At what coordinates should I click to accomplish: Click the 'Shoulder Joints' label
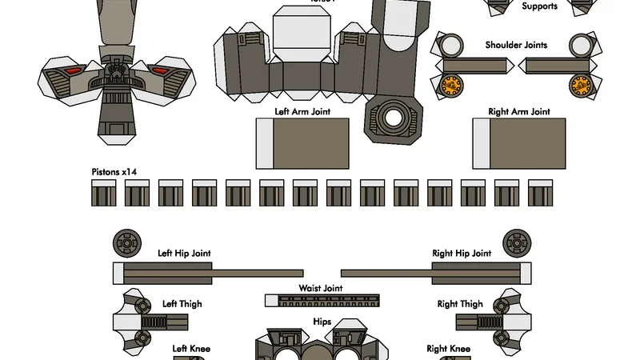[516, 45]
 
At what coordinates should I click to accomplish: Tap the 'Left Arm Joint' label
[303, 112]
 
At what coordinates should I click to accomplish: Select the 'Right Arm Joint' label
[519, 112]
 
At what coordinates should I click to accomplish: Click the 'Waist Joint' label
[321, 288]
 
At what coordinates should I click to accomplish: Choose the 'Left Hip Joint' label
[185, 254]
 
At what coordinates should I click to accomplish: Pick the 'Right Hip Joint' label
[462, 254]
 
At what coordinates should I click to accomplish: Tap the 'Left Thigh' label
[182, 304]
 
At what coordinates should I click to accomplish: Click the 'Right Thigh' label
[460, 304]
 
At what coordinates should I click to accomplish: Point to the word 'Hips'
[322, 322]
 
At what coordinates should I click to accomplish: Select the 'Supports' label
[540, 6]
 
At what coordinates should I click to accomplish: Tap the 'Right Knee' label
[448, 349]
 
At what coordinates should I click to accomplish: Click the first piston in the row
[104, 193]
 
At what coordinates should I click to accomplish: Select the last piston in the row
[541, 193]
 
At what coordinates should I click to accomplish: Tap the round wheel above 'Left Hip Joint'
[127, 242]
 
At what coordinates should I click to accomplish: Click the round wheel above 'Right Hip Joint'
[516, 242]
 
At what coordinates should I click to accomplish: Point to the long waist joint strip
[322, 301]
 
